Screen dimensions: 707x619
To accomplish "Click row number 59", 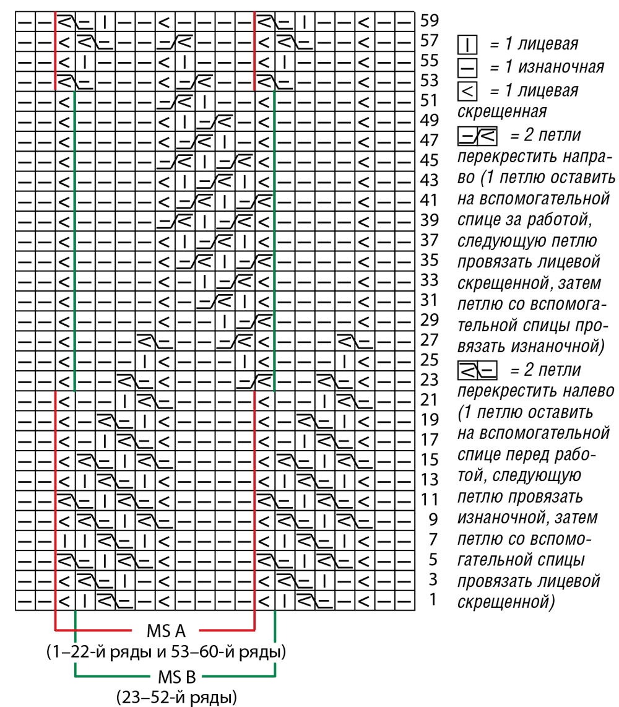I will click(x=429, y=21).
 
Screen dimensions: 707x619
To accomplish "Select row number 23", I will click(x=429, y=380).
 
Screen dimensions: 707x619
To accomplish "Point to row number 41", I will click(x=429, y=200).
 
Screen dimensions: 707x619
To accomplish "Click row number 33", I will click(x=429, y=280).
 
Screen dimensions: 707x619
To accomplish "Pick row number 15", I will click(x=429, y=459).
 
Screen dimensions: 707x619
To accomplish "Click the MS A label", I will click(x=167, y=631).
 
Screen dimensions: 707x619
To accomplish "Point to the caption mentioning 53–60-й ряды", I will click(x=166, y=653).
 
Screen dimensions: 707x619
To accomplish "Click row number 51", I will click(x=429, y=100).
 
